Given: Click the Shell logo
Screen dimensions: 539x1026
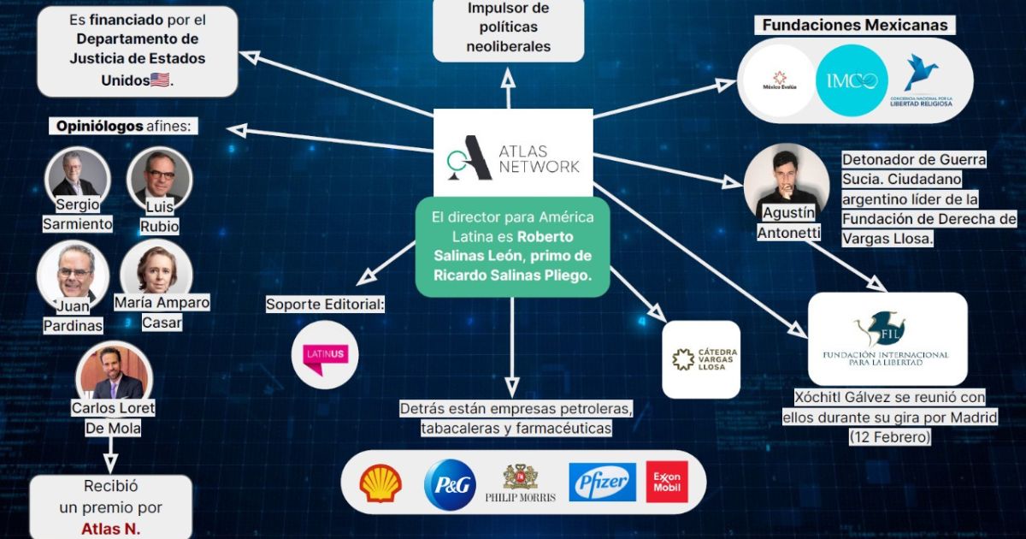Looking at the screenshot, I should (x=380, y=483).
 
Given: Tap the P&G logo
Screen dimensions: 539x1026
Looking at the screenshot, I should (x=450, y=484).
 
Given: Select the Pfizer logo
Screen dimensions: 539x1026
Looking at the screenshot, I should (x=602, y=483).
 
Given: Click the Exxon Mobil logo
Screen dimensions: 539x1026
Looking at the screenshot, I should (x=667, y=483).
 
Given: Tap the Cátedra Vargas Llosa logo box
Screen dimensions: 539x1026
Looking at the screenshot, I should (x=701, y=359).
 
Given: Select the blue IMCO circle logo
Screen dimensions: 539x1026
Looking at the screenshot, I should (x=852, y=80).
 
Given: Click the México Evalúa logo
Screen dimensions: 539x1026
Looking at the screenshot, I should (x=779, y=80).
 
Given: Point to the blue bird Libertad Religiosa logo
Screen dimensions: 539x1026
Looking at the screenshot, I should (x=922, y=80).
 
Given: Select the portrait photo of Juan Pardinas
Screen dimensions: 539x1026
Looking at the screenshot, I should (x=67, y=271).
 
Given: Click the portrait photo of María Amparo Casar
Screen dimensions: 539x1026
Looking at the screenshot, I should (x=156, y=272).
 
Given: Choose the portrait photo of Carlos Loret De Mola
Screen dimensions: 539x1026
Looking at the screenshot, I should (x=115, y=375).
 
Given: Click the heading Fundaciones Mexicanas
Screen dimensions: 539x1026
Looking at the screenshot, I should (x=855, y=25).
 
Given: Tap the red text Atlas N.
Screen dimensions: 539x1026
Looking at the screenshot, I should (x=110, y=528).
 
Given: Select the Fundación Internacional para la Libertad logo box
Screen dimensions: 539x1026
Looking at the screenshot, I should (x=887, y=339).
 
